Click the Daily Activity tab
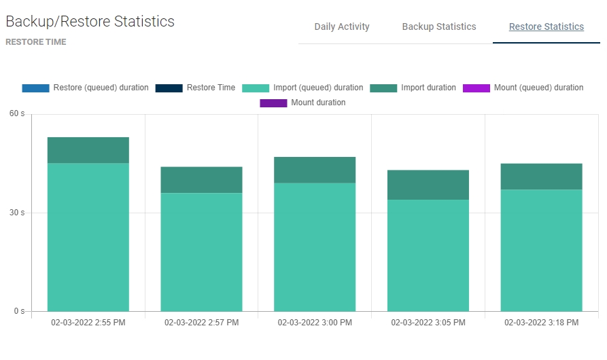tap(342, 27)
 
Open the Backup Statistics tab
tap(439, 27)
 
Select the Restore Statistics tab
tap(546, 27)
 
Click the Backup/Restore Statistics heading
tap(90, 22)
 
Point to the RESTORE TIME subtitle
tap(36, 42)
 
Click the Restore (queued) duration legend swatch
tap(35, 88)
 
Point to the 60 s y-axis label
tap(17, 113)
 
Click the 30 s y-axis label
tap(17, 213)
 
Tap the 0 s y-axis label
tap(19, 312)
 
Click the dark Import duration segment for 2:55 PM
tap(88, 150)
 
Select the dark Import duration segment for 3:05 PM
tap(428, 185)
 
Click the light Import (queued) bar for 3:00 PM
tap(315, 247)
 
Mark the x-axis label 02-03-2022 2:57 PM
tap(201, 323)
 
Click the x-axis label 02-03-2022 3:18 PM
tap(542, 323)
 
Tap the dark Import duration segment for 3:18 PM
tap(542, 177)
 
